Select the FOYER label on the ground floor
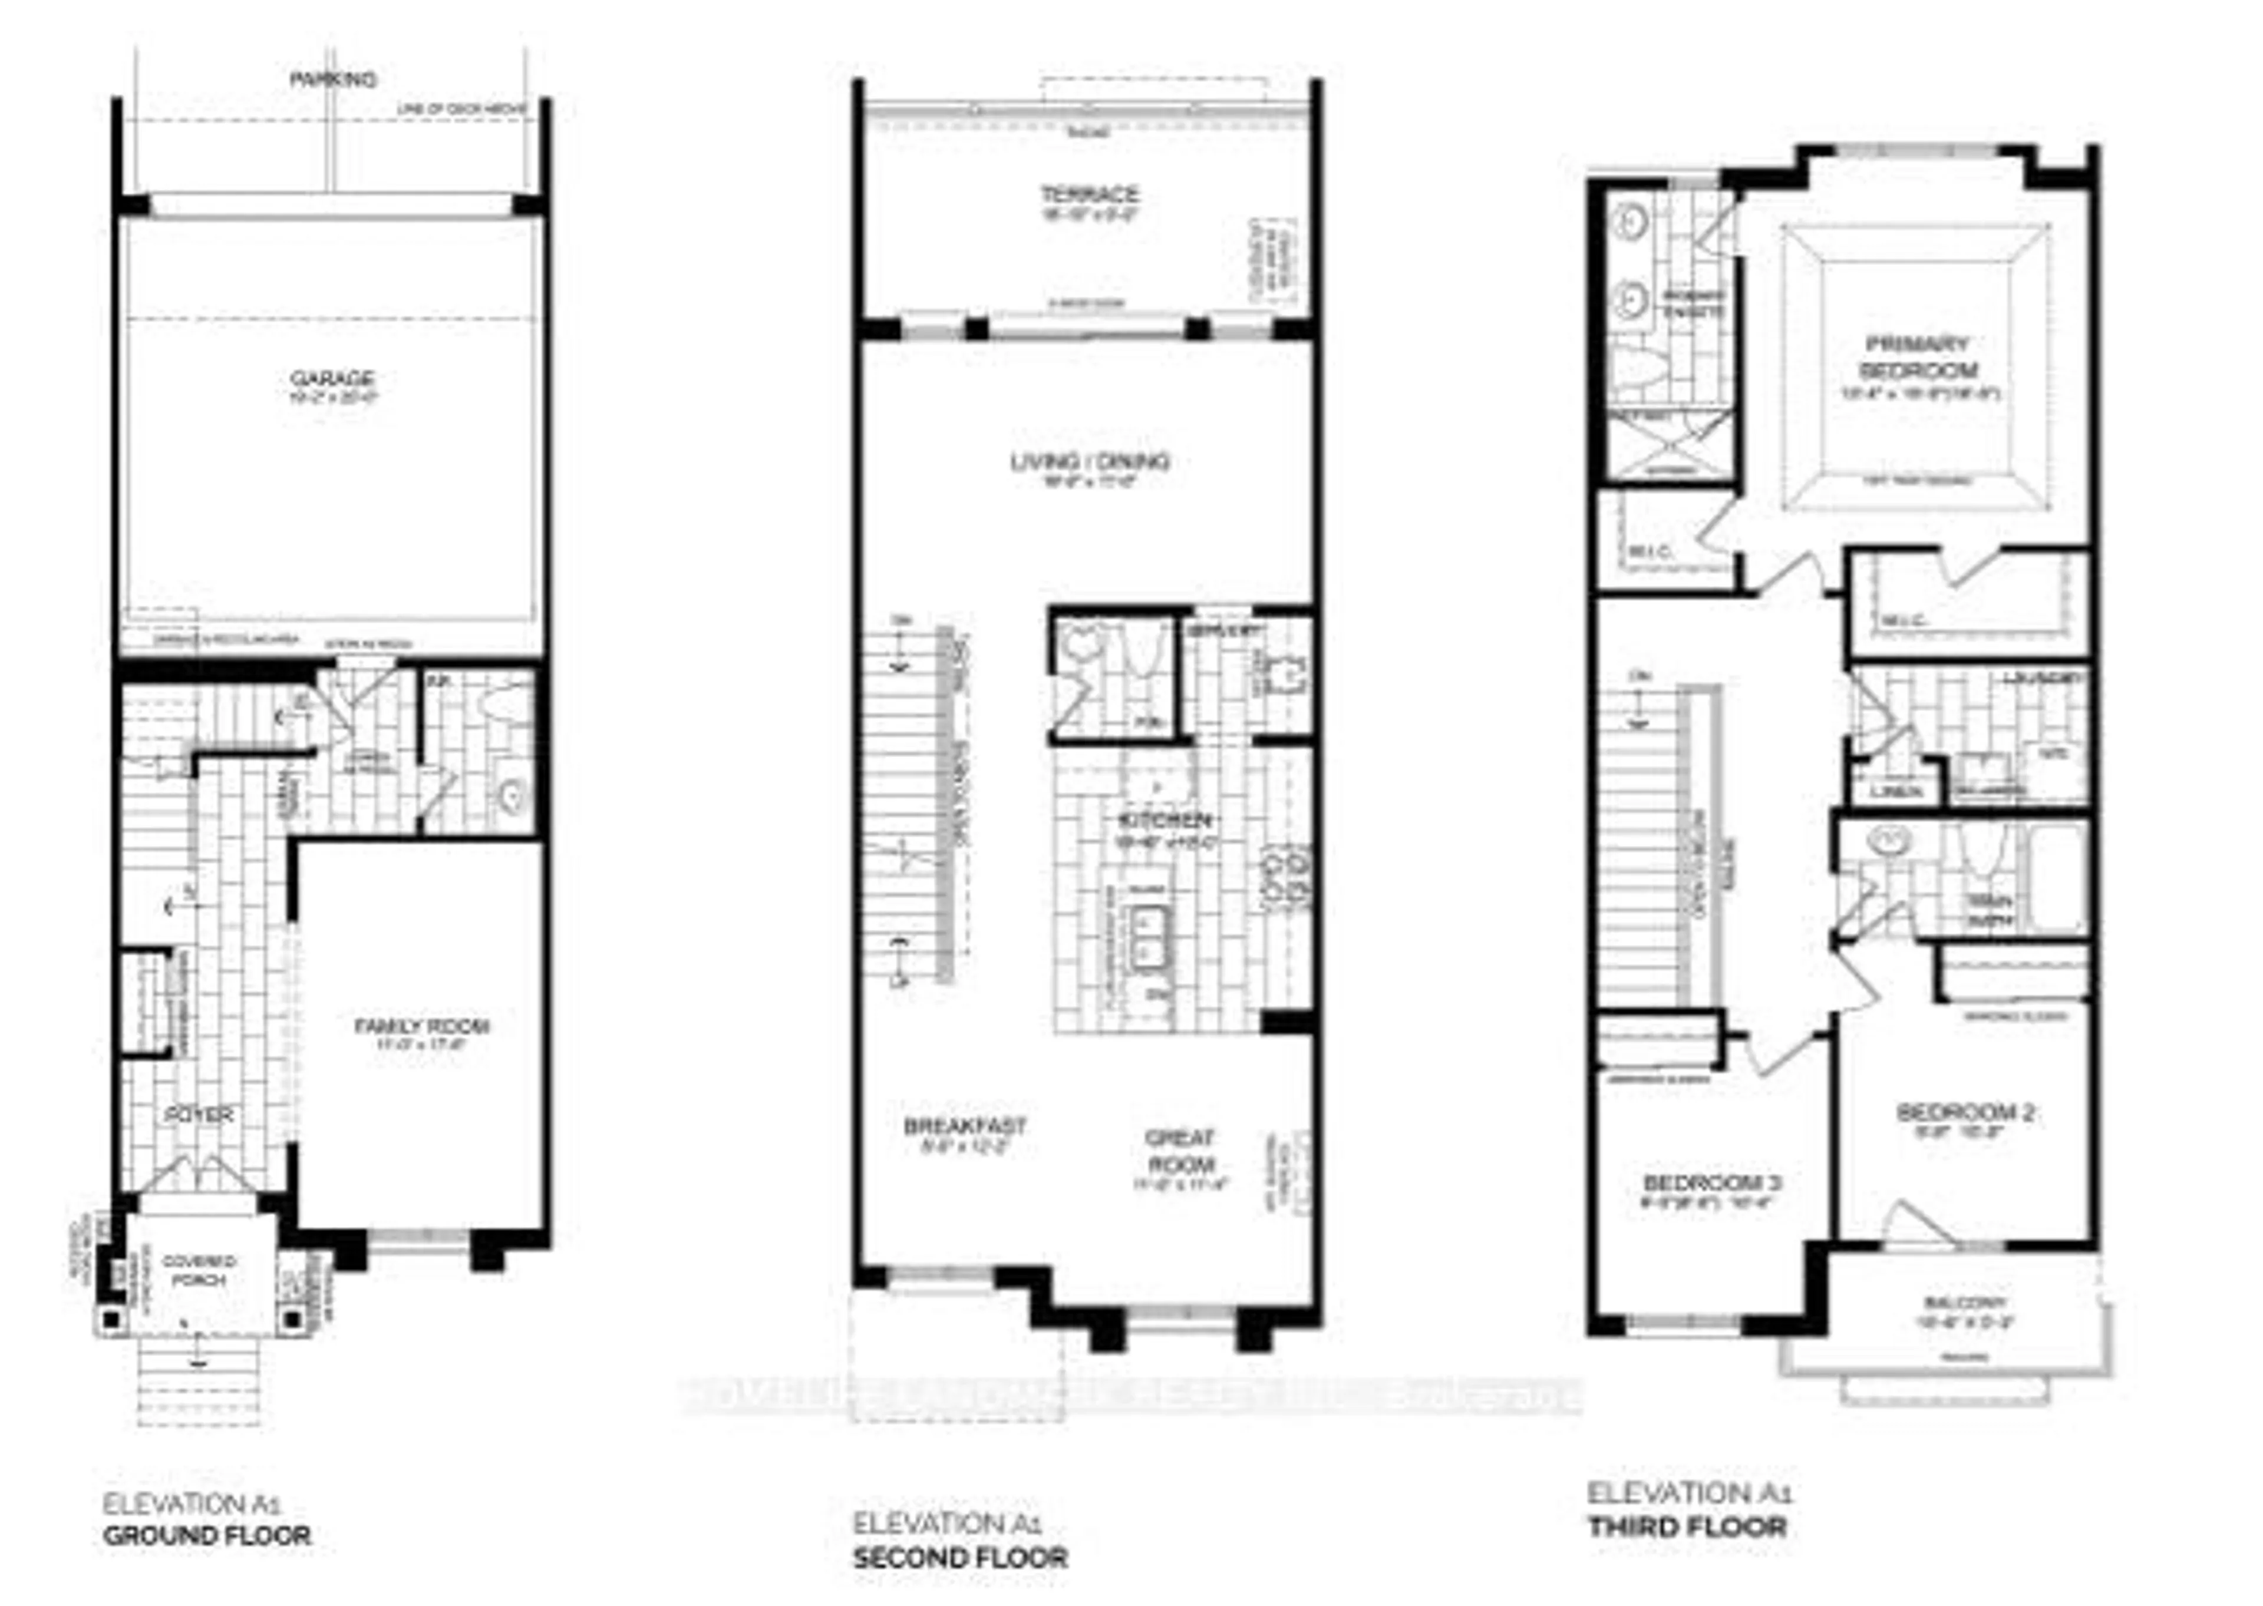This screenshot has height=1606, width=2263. (202, 1115)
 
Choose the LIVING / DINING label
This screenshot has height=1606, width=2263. (1089, 462)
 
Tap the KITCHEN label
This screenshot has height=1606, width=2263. (1164, 821)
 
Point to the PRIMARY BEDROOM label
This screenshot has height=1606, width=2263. (1918, 357)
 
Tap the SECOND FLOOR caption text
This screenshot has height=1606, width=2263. (959, 1558)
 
